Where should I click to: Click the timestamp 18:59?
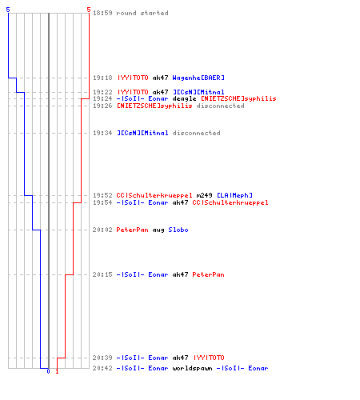pos(102,13)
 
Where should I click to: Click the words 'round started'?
pos(142,13)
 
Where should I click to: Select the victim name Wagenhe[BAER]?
pos(198,78)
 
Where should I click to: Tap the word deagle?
pos(184,99)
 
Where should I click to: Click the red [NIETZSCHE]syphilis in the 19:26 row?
pos(154,106)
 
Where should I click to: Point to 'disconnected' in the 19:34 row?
pos(197,133)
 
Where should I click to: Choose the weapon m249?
pos(204,195)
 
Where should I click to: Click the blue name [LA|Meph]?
pos(234,195)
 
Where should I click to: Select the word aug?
pos(158,230)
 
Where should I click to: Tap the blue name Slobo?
pos(178,230)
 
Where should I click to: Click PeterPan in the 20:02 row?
pos(132,230)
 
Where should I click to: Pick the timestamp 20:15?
pos(102,274)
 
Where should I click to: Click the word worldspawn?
pos(192,368)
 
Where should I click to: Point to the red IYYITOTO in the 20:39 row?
pos(209,358)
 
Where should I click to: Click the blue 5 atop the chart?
pos(8,10)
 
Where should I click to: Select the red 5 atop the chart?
pos(89,10)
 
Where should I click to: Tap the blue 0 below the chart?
pos(48,371)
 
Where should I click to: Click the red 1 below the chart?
pos(57,371)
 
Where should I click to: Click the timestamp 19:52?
pos(102,195)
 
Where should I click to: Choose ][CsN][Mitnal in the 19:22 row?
pos(198,92)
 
